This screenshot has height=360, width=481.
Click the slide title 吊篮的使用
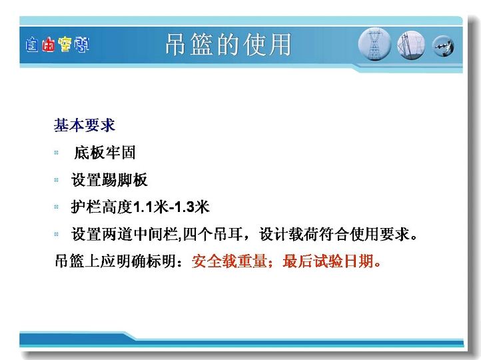(229, 45)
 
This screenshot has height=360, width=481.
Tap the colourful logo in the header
(57, 45)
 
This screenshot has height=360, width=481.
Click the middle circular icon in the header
(410, 45)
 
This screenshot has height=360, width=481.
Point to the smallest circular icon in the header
(443, 46)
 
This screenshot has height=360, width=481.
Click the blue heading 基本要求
(85, 125)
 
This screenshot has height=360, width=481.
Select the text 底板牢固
(105, 153)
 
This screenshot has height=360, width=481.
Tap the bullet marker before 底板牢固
(57, 153)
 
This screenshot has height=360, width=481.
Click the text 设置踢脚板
(109, 180)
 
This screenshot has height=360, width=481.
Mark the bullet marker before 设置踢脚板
(57, 180)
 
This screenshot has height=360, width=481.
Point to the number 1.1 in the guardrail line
(143, 207)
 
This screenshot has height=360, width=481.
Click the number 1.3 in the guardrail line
(184, 207)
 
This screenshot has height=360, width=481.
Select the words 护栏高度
(102, 207)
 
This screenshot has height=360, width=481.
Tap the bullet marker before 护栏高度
(57, 207)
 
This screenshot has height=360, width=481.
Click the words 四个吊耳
(213, 234)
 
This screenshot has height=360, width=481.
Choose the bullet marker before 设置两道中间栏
(57, 234)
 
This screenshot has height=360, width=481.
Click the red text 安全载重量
(229, 261)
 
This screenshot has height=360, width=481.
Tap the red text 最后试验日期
(328, 261)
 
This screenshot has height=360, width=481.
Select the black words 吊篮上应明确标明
(116, 261)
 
